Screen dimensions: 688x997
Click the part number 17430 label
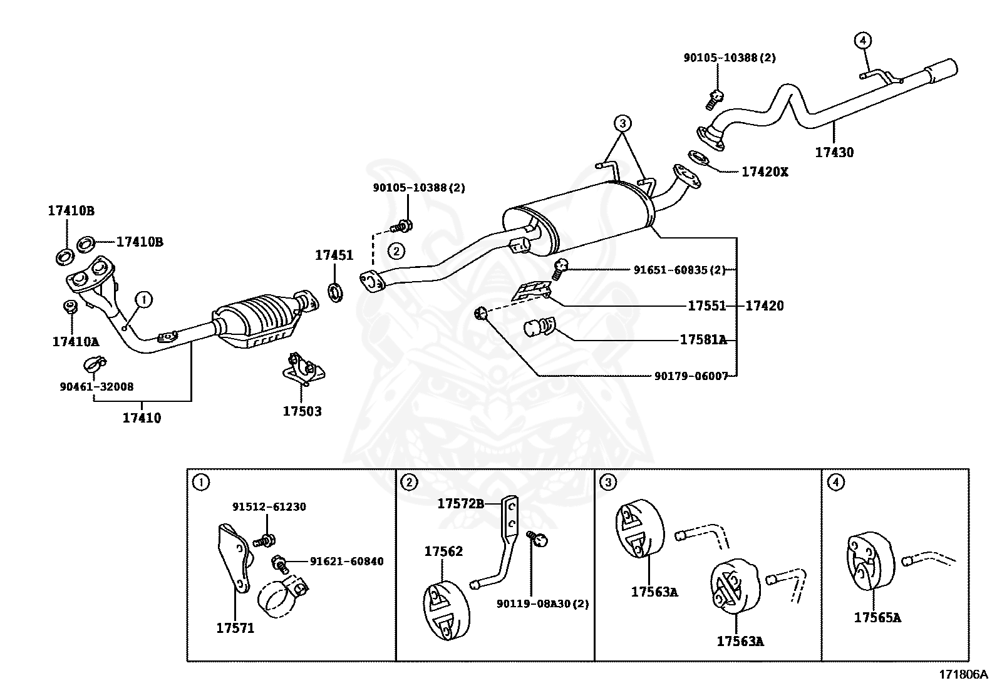click(x=834, y=152)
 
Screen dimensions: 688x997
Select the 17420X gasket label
click(x=765, y=172)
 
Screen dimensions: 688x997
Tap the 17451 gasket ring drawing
click(x=336, y=292)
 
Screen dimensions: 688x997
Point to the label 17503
click(x=302, y=411)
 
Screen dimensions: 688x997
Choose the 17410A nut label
click(x=75, y=342)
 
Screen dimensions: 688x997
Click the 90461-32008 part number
click(x=96, y=387)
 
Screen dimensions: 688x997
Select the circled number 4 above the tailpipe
click(x=862, y=41)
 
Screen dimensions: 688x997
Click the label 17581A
click(x=703, y=340)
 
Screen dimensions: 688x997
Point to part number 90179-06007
click(x=691, y=376)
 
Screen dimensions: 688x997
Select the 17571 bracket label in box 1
click(x=235, y=628)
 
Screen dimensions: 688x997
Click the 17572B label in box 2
click(x=460, y=503)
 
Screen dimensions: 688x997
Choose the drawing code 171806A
click(x=963, y=675)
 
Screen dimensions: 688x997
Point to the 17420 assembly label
click(x=764, y=306)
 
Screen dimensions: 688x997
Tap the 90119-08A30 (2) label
click(x=542, y=603)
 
